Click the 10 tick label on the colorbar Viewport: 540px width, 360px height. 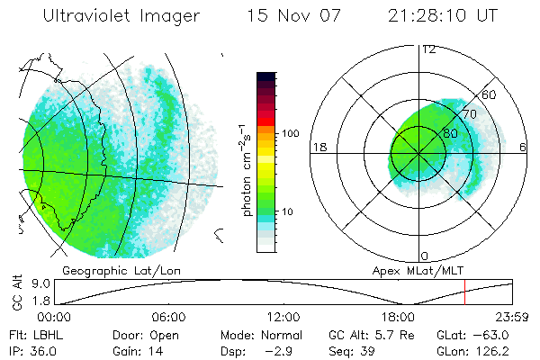click(289, 211)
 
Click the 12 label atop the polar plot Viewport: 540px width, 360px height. click(428, 49)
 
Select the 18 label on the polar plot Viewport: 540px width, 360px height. click(318, 146)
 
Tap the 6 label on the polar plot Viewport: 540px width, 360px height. click(524, 146)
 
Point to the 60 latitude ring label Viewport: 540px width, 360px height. click(490, 94)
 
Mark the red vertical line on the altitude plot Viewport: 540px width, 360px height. click(464, 292)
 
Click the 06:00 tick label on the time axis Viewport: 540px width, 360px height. click(167, 317)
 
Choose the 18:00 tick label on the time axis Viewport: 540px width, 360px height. click(398, 317)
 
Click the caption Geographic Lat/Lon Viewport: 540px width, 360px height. click(107, 269)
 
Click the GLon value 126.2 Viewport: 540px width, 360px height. click(508, 349)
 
